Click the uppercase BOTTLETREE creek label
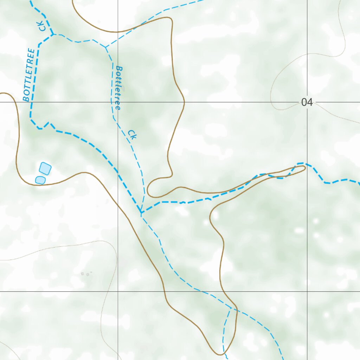point(30,75)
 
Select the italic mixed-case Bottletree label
point(118,88)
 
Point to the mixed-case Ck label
point(132,135)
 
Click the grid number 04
point(307,102)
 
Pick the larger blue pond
point(45,168)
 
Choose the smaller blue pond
point(40,180)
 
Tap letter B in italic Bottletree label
point(119,69)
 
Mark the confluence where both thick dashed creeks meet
point(141,213)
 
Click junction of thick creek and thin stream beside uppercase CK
point(53,34)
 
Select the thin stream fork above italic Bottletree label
point(105,47)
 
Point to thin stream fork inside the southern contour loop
point(230,308)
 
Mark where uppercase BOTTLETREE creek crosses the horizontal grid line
point(31,102)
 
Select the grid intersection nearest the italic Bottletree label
point(118,102)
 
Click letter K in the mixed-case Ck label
point(134,137)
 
